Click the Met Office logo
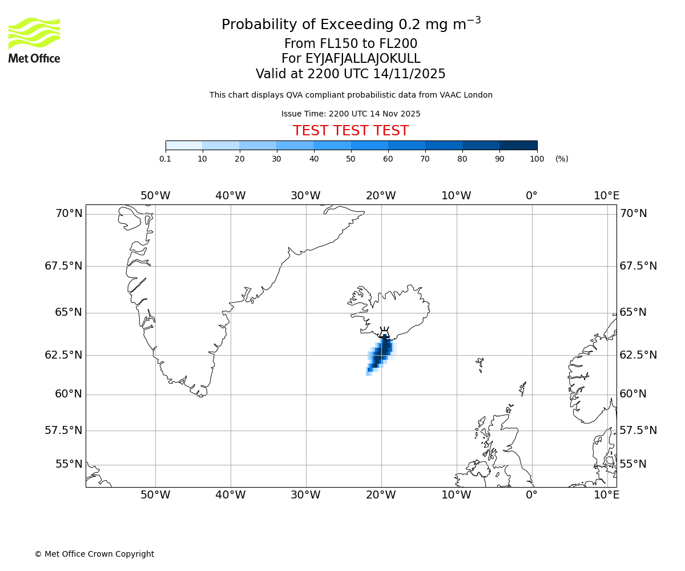tap(34, 40)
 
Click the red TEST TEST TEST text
tap(350, 131)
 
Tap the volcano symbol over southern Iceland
tap(384, 332)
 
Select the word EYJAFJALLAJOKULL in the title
tap(363, 59)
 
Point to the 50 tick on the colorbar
tap(351, 159)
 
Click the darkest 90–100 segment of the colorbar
tap(518, 146)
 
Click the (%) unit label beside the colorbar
tap(562, 159)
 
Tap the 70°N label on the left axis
tap(68, 214)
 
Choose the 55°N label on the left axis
tap(68, 464)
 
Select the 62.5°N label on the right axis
tap(638, 355)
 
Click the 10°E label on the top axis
tap(606, 196)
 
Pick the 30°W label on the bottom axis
tap(305, 495)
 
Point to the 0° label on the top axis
tap(531, 196)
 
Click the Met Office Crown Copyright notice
tap(94, 554)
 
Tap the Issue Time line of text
tap(350, 114)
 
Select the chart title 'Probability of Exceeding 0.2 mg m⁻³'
tap(350, 25)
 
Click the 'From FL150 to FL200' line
tap(350, 44)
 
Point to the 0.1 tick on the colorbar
tap(166, 159)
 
